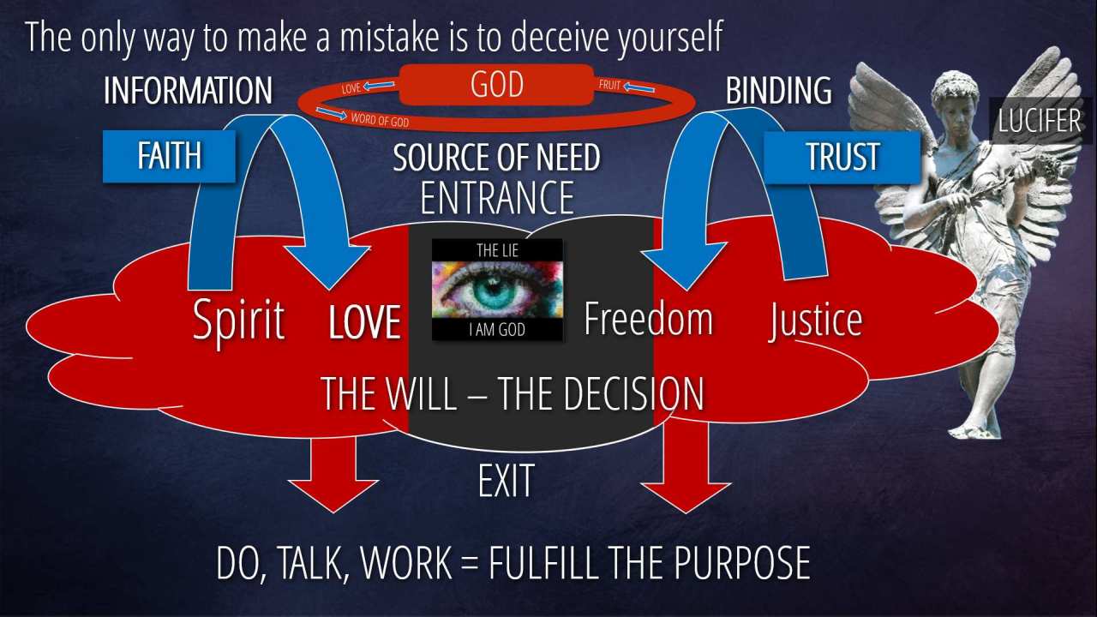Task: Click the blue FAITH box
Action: click(169, 156)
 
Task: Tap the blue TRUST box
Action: click(842, 157)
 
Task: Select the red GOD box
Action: click(496, 84)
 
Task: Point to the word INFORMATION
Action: click(188, 91)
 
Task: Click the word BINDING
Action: click(779, 91)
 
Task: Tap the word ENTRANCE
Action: click(497, 197)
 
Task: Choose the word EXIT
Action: click(506, 481)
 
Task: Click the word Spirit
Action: click(238, 321)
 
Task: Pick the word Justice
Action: click(815, 320)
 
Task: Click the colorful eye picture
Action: click(497, 290)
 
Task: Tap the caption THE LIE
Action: click(497, 251)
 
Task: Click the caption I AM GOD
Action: click(497, 330)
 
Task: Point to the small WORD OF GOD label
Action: click(380, 119)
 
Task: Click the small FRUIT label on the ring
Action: click(609, 85)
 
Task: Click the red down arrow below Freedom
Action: click(686, 468)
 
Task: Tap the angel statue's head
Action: click(954, 94)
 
